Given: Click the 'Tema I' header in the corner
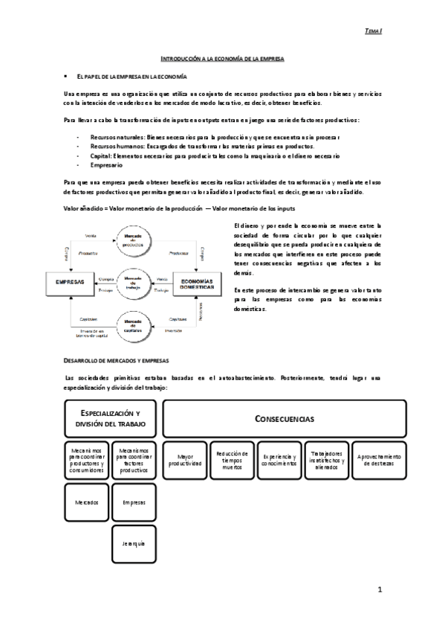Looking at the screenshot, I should (374, 31).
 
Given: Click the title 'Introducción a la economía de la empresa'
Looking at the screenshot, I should (223, 57).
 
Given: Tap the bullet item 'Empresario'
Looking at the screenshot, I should (105, 165).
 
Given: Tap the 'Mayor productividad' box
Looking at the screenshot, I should (185, 459).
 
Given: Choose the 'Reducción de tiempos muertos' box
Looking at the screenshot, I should (233, 459).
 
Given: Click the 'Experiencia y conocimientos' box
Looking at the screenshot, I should (280, 459).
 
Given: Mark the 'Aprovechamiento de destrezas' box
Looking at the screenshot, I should (379, 459).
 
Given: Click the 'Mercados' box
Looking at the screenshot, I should (86, 502).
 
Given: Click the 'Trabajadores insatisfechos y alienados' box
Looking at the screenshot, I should (328, 459).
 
